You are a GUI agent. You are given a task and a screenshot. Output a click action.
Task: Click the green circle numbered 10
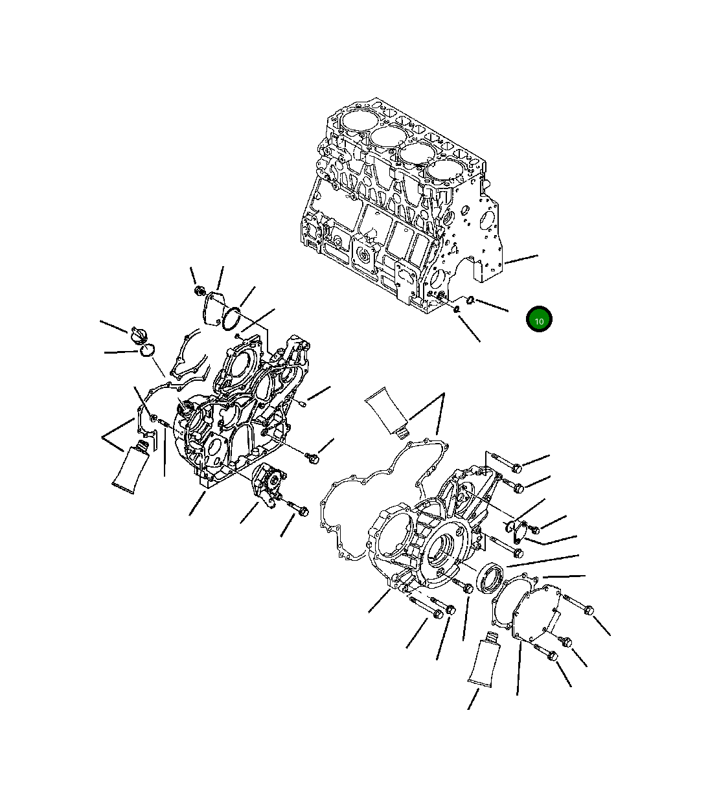click(x=539, y=319)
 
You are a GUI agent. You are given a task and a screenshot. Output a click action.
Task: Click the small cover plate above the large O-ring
click(x=212, y=306)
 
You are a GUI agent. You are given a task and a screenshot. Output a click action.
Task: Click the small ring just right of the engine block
click(x=471, y=300)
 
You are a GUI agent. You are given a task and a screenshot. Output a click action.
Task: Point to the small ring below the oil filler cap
click(x=146, y=350)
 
